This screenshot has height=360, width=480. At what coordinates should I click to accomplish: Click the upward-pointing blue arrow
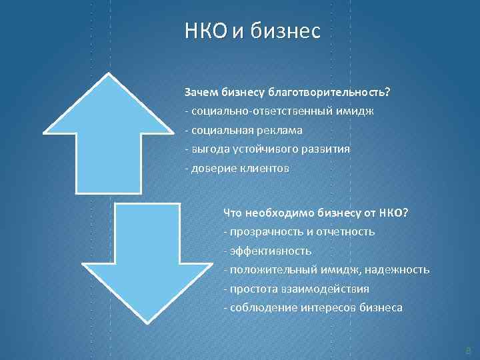coord(107,133)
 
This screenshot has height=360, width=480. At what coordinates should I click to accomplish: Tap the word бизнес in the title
coord(286,31)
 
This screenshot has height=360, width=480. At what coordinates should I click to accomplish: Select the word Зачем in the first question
coord(199,92)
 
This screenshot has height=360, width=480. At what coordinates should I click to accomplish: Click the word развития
coord(325,149)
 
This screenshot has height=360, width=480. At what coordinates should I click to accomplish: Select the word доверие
coord(213,168)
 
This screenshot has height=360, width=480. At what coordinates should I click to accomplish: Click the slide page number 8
coord(468,349)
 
